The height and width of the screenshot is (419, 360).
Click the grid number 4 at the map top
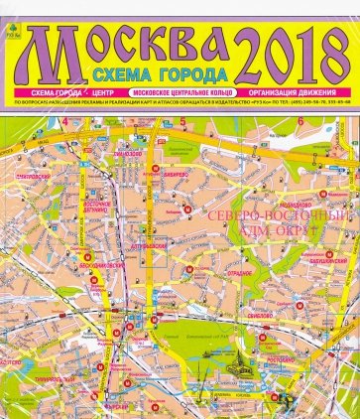coord(65,121)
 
